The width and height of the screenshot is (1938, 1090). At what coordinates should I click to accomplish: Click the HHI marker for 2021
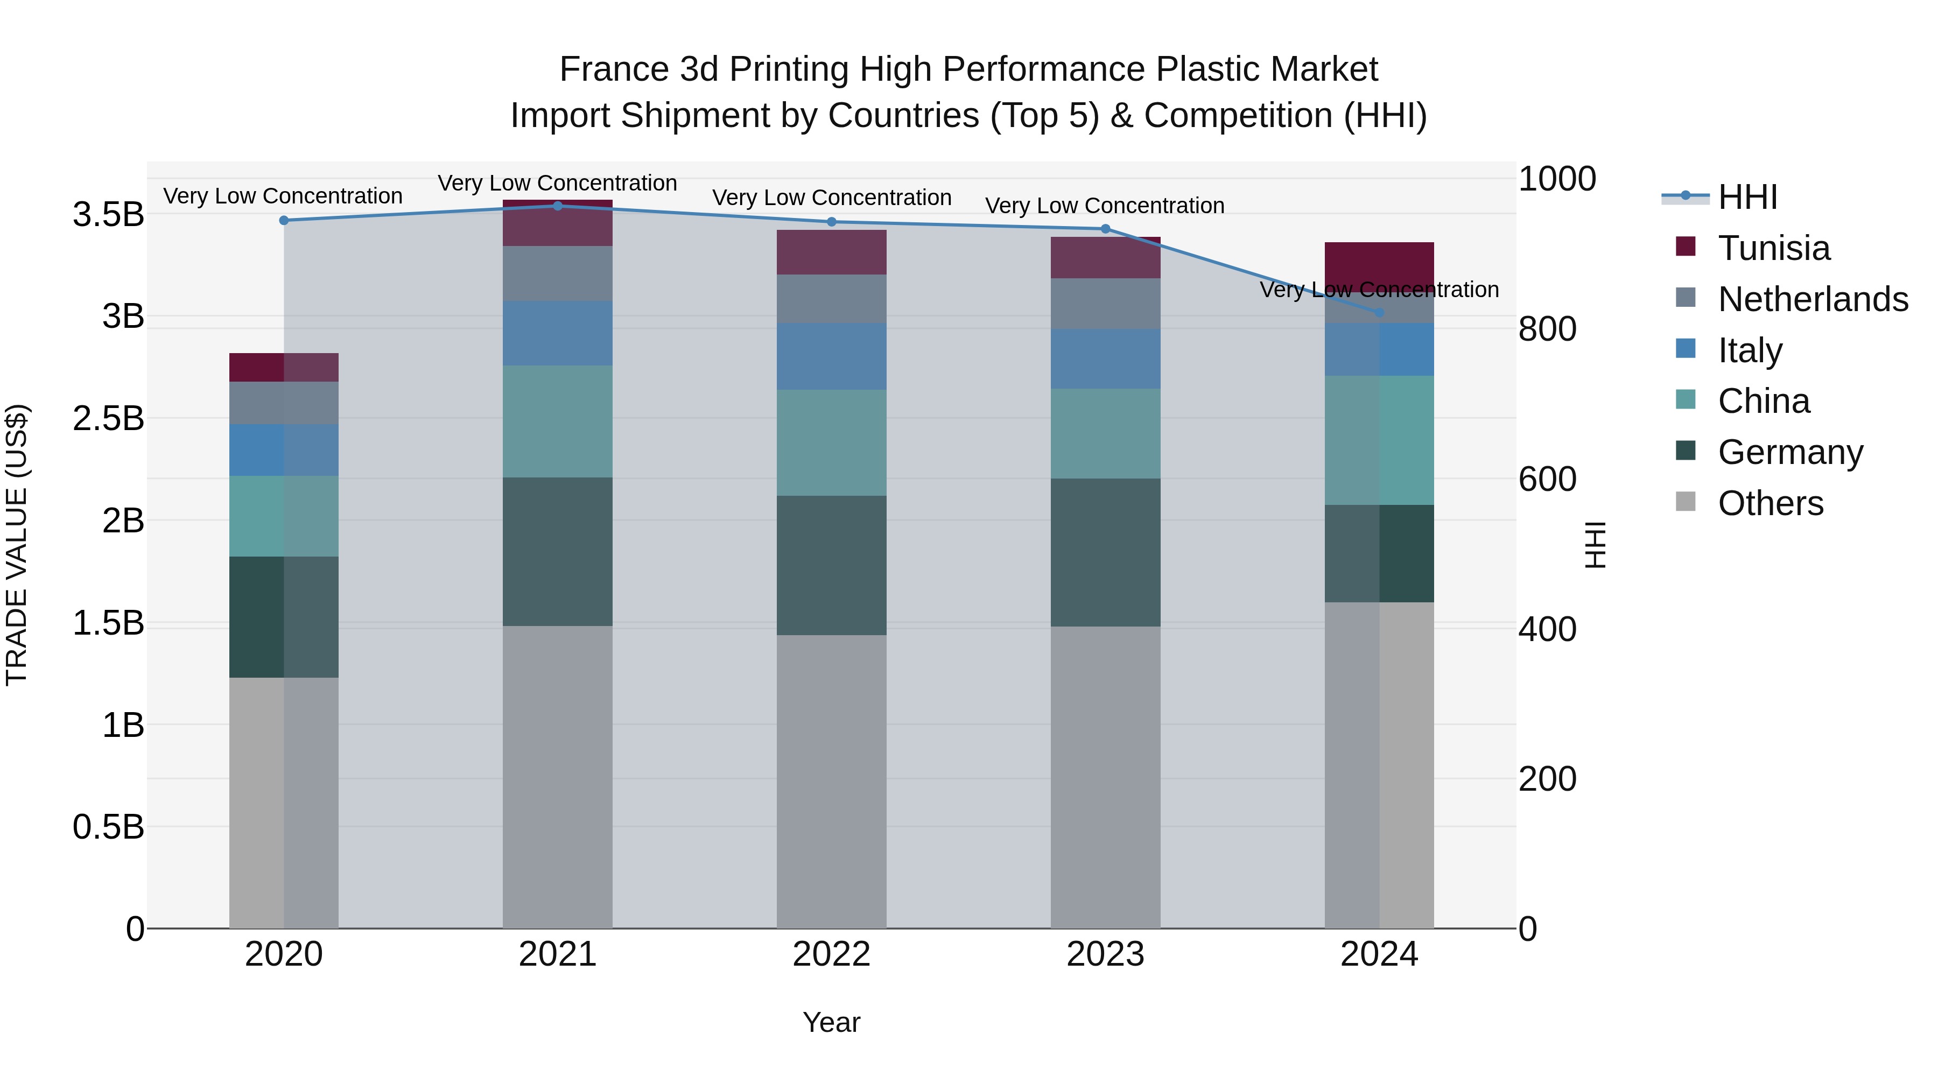click(x=558, y=206)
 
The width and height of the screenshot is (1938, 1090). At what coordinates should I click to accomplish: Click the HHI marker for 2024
click(x=1379, y=313)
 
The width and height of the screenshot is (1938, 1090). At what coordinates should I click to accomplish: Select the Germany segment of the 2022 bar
click(x=831, y=565)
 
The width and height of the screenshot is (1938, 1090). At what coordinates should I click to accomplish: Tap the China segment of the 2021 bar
click(x=558, y=421)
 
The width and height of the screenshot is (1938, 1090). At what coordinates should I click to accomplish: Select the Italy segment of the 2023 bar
click(x=1105, y=358)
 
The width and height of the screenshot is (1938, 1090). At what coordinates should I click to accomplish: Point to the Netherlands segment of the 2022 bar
click(x=831, y=299)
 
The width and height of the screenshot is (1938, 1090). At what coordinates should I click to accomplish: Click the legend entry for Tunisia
click(x=1773, y=248)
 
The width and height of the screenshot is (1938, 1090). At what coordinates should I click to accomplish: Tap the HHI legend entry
click(x=1747, y=197)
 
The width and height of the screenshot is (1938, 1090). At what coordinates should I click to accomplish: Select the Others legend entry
click(x=1770, y=503)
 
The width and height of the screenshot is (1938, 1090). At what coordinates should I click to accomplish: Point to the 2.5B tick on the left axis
click(x=108, y=418)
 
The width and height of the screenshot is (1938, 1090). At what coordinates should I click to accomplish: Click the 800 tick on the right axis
click(x=1547, y=329)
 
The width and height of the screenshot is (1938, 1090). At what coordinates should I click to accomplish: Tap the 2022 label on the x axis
click(x=831, y=954)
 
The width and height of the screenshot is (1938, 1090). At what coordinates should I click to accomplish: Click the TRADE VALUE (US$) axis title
click(x=17, y=545)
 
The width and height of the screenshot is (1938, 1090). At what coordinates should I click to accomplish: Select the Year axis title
click(x=831, y=1022)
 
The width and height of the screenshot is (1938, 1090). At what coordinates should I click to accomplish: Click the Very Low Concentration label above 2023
click(x=1105, y=206)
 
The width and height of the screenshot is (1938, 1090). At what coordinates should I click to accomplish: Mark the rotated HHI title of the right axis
click(x=1595, y=545)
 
